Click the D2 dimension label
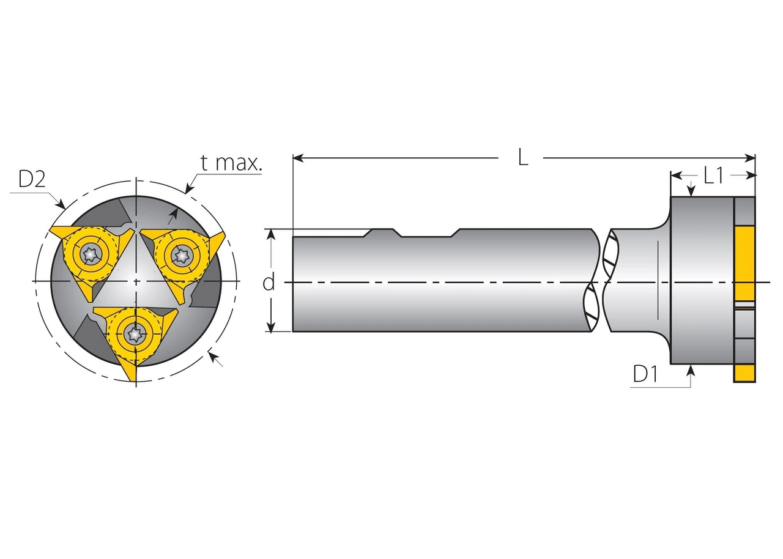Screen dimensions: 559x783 32,179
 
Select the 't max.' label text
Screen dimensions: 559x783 231,163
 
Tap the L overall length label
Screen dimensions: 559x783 522,158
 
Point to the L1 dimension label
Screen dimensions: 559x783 713,176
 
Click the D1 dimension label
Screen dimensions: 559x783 645,374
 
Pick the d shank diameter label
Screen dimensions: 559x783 268,283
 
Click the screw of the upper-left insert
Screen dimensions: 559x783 91,253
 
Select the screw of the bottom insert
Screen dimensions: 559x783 135,333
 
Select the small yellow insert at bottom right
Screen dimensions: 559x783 744,374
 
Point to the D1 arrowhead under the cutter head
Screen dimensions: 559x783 691,369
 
